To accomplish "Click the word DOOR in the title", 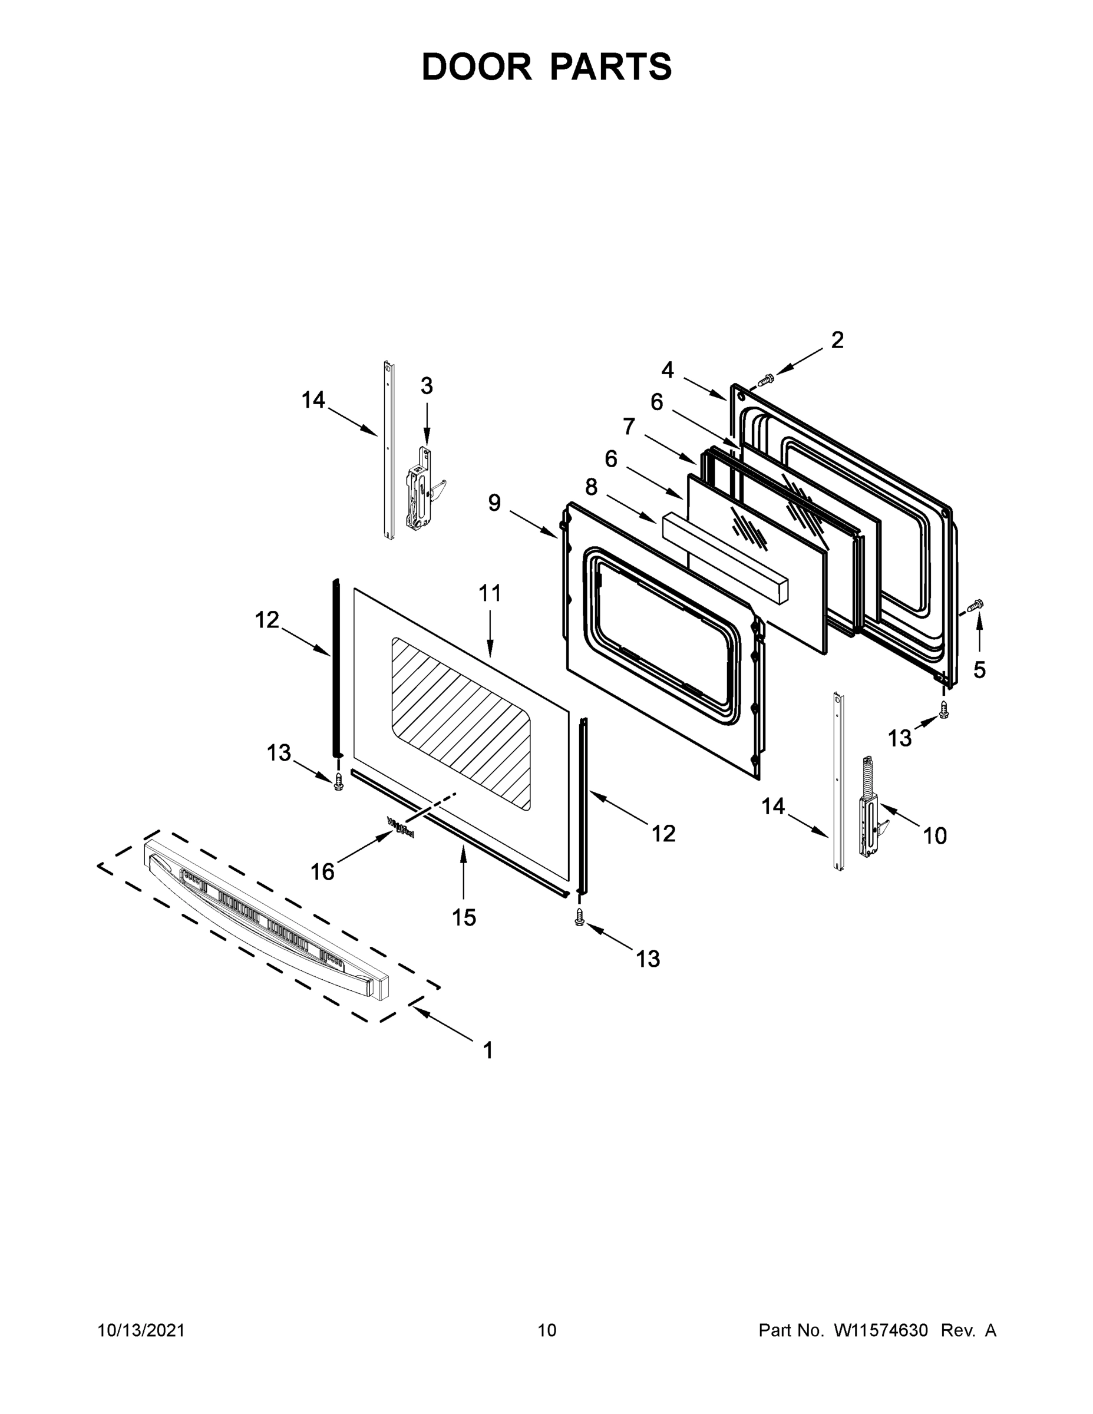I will pos(476,67).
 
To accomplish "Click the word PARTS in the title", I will pos(611,67).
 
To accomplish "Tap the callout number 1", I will pos(488,1050).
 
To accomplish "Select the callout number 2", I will pos(837,340).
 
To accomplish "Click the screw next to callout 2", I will pos(766,379).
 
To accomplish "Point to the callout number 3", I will pos(426,386).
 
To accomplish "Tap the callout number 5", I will pos(979,670).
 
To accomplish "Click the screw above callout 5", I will pos(975,606).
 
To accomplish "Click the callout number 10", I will pos(935,836).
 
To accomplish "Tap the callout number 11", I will pos(490,593).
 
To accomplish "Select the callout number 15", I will pos(464,917).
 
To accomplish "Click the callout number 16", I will pos(322,872).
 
